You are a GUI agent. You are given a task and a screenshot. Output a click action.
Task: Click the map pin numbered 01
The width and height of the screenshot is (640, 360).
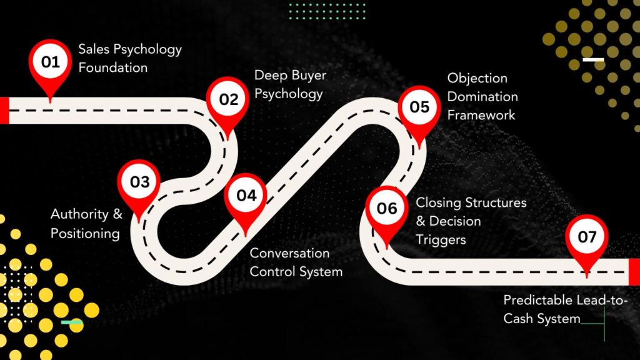click(50, 63)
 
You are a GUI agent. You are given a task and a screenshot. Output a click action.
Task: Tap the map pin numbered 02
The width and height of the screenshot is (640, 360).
click(228, 99)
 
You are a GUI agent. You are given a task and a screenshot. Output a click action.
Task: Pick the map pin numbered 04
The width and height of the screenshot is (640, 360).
click(246, 196)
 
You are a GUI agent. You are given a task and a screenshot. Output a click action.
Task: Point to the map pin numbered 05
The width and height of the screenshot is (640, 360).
click(419, 107)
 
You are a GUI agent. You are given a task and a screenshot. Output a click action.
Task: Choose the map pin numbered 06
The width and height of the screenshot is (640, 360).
click(387, 208)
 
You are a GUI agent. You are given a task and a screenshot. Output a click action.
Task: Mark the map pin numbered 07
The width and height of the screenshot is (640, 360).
click(586, 237)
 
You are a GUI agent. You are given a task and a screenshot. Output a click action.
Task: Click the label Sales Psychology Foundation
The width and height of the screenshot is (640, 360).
click(130, 58)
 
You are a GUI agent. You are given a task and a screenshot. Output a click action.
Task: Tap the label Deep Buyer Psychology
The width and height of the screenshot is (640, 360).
click(290, 85)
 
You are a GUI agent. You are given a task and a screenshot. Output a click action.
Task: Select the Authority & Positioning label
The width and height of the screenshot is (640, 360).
click(86, 224)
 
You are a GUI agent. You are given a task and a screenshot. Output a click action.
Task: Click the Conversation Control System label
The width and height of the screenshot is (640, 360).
click(296, 262)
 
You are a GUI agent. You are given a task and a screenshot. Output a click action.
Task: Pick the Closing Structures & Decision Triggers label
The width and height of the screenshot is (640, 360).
click(471, 221)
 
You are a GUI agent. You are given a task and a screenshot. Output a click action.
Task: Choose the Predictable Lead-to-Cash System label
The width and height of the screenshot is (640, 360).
click(566, 309)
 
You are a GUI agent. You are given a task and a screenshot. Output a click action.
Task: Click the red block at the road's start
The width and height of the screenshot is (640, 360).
click(4, 110)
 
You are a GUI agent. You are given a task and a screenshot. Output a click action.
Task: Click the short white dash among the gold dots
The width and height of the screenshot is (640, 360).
click(593, 60)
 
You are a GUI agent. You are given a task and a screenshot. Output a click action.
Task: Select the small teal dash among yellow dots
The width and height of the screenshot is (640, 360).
click(72, 322)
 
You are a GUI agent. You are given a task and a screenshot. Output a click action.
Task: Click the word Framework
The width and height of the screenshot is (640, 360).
click(481, 115)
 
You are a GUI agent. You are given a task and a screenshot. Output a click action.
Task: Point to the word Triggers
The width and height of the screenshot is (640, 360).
click(441, 239)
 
